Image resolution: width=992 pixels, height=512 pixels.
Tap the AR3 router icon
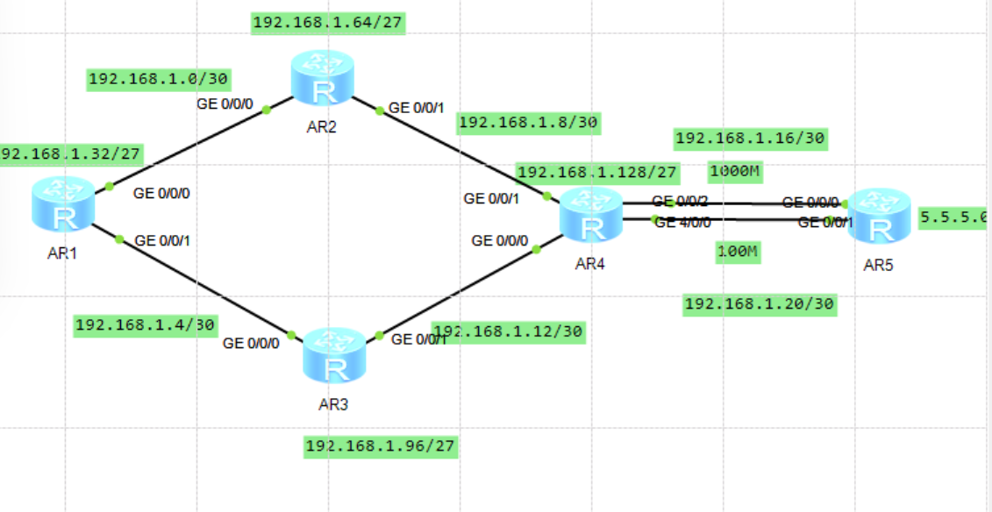[x=334, y=356]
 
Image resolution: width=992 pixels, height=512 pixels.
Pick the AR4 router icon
[x=591, y=216]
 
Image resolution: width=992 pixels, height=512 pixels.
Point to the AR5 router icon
[x=877, y=216]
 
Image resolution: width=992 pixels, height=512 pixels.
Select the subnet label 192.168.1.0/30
[x=159, y=80]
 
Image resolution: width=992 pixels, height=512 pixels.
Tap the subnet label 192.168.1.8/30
[x=528, y=123]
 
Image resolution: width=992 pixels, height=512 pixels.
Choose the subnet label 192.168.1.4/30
[x=146, y=325]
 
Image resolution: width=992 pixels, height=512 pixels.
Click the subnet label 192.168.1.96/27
[x=381, y=446]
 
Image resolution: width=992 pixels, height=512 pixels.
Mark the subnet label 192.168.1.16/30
[x=750, y=138]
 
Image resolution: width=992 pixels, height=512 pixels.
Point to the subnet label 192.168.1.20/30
[x=760, y=304]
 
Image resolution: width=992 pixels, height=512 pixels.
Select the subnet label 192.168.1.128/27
[x=596, y=173]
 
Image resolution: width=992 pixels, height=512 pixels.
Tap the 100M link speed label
[x=737, y=253]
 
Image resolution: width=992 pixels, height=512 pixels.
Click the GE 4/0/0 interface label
[x=683, y=223]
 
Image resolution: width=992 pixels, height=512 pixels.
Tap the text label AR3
[x=334, y=404]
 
